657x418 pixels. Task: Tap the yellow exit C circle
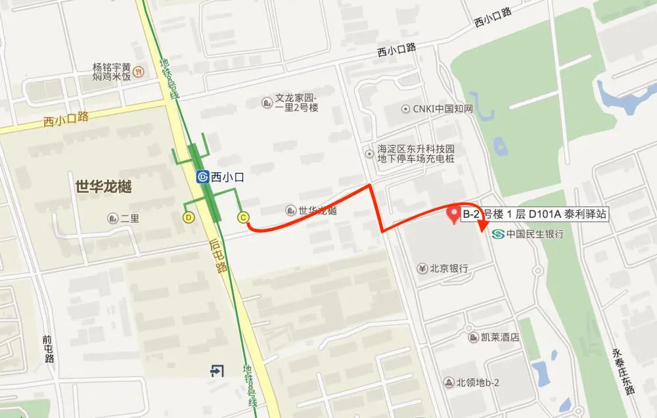click(243, 217)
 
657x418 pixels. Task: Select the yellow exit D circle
click(189, 217)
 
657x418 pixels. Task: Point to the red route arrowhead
click(484, 226)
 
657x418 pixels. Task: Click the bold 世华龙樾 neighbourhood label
click(104, 187)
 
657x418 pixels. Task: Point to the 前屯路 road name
click(47, 349)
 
